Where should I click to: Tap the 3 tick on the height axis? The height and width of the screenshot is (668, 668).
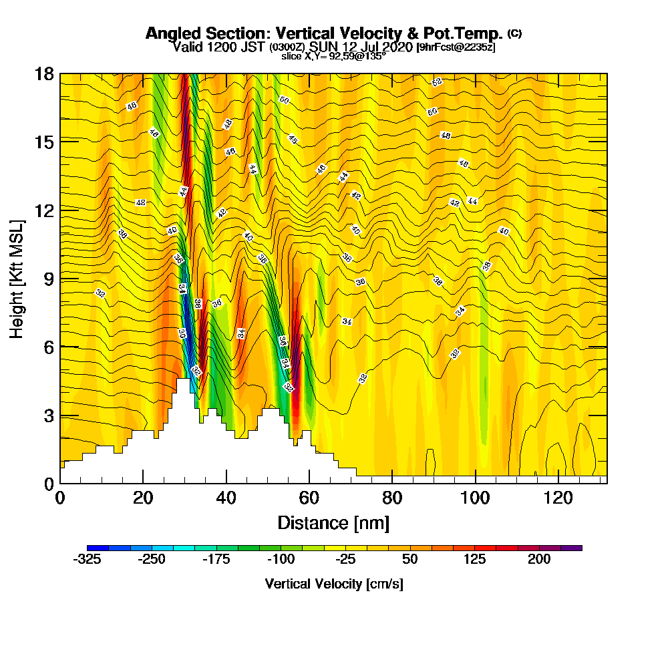48,415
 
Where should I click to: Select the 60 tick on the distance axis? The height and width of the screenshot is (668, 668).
309,498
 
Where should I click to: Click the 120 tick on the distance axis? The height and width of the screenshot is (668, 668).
558,498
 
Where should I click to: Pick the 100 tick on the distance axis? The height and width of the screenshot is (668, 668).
475,498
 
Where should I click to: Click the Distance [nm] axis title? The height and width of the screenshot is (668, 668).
333,522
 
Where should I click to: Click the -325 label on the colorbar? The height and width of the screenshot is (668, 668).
86,560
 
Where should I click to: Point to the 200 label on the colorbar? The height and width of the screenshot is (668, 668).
539,560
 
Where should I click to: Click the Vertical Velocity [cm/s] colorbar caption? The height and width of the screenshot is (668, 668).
333,584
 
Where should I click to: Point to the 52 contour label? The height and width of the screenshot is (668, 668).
437,82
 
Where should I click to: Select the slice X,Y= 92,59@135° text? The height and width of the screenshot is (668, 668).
333,57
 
